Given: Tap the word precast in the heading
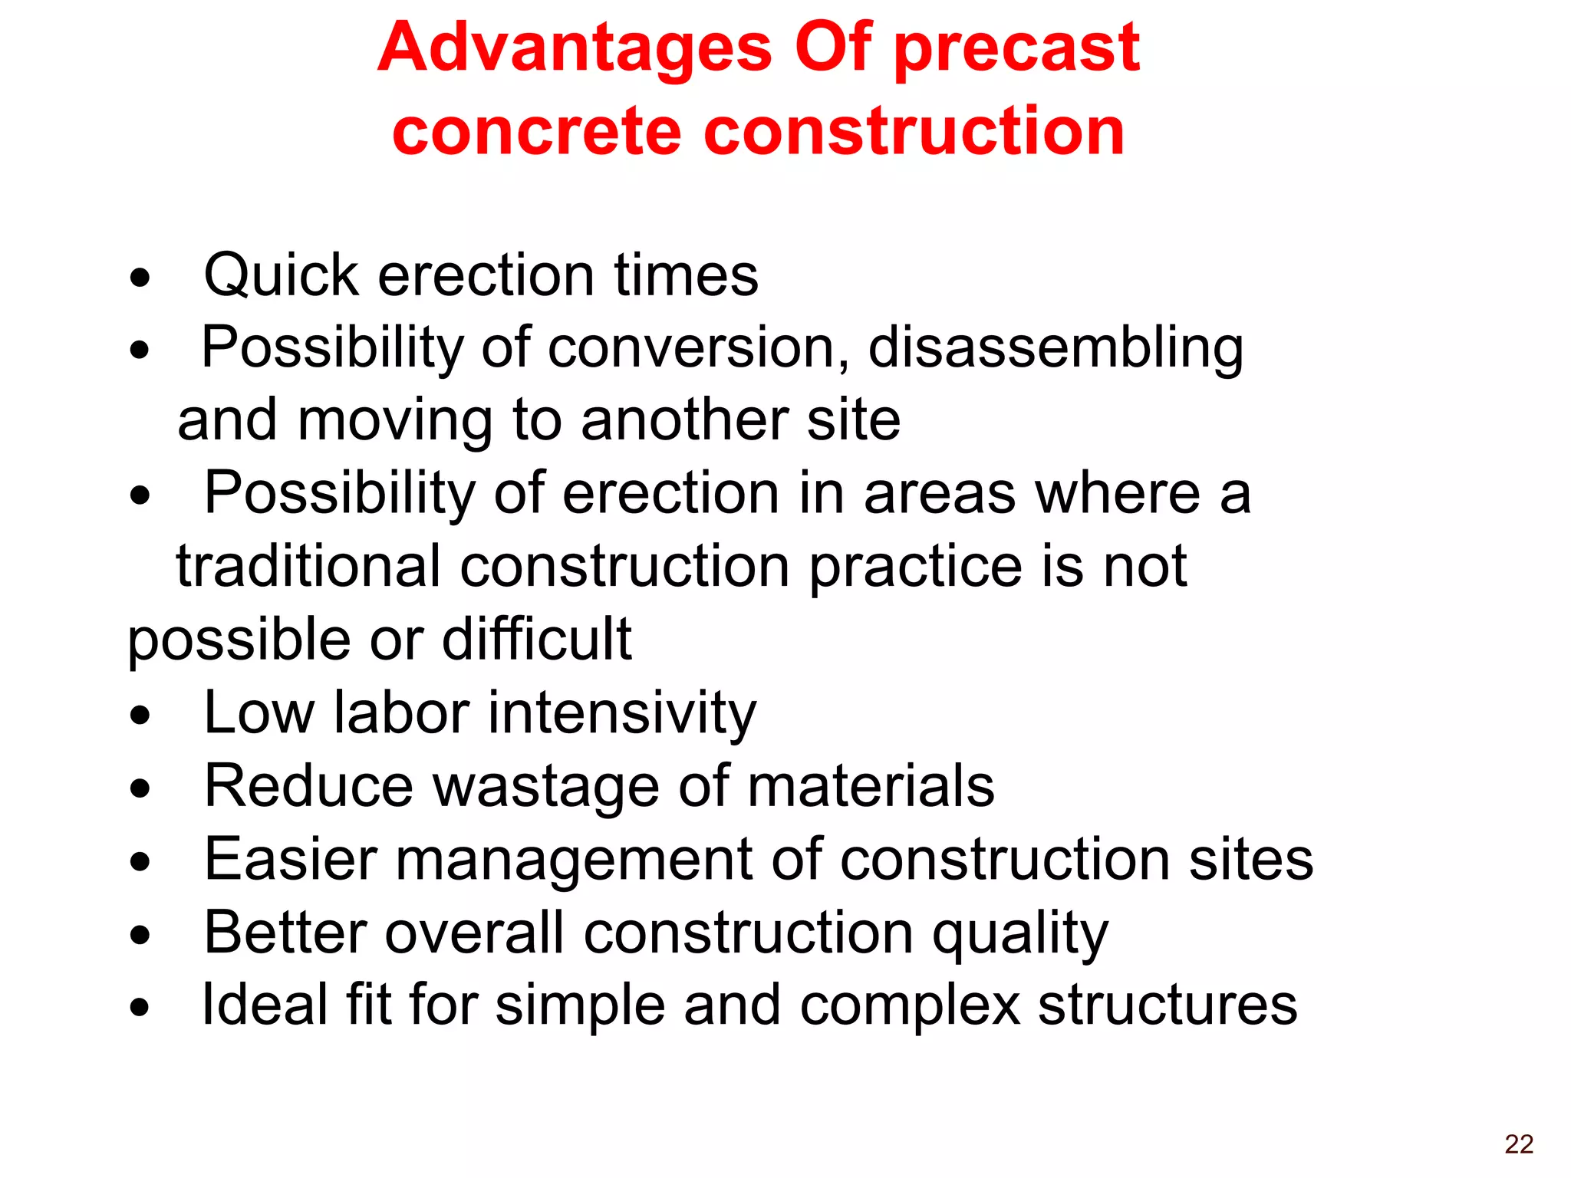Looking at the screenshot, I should [x=1017, y=48].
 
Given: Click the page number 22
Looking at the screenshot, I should [x=1518, y=1143].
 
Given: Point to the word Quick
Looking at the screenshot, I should [x=281, y=275].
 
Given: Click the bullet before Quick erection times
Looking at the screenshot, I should [x=140, y=278].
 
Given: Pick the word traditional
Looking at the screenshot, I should [x=308, y=566].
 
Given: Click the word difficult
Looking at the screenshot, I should [x=536, y=638].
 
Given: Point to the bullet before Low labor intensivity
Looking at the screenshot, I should [x=140, y=716].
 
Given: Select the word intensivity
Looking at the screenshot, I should [x=621, y=712].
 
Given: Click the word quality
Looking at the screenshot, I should [x=1019, y=933].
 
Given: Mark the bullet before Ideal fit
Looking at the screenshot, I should [x=140, y=1007].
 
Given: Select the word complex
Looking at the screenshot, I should [x=909, y=1005].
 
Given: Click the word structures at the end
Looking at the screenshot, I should [x=1167, y=1005].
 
